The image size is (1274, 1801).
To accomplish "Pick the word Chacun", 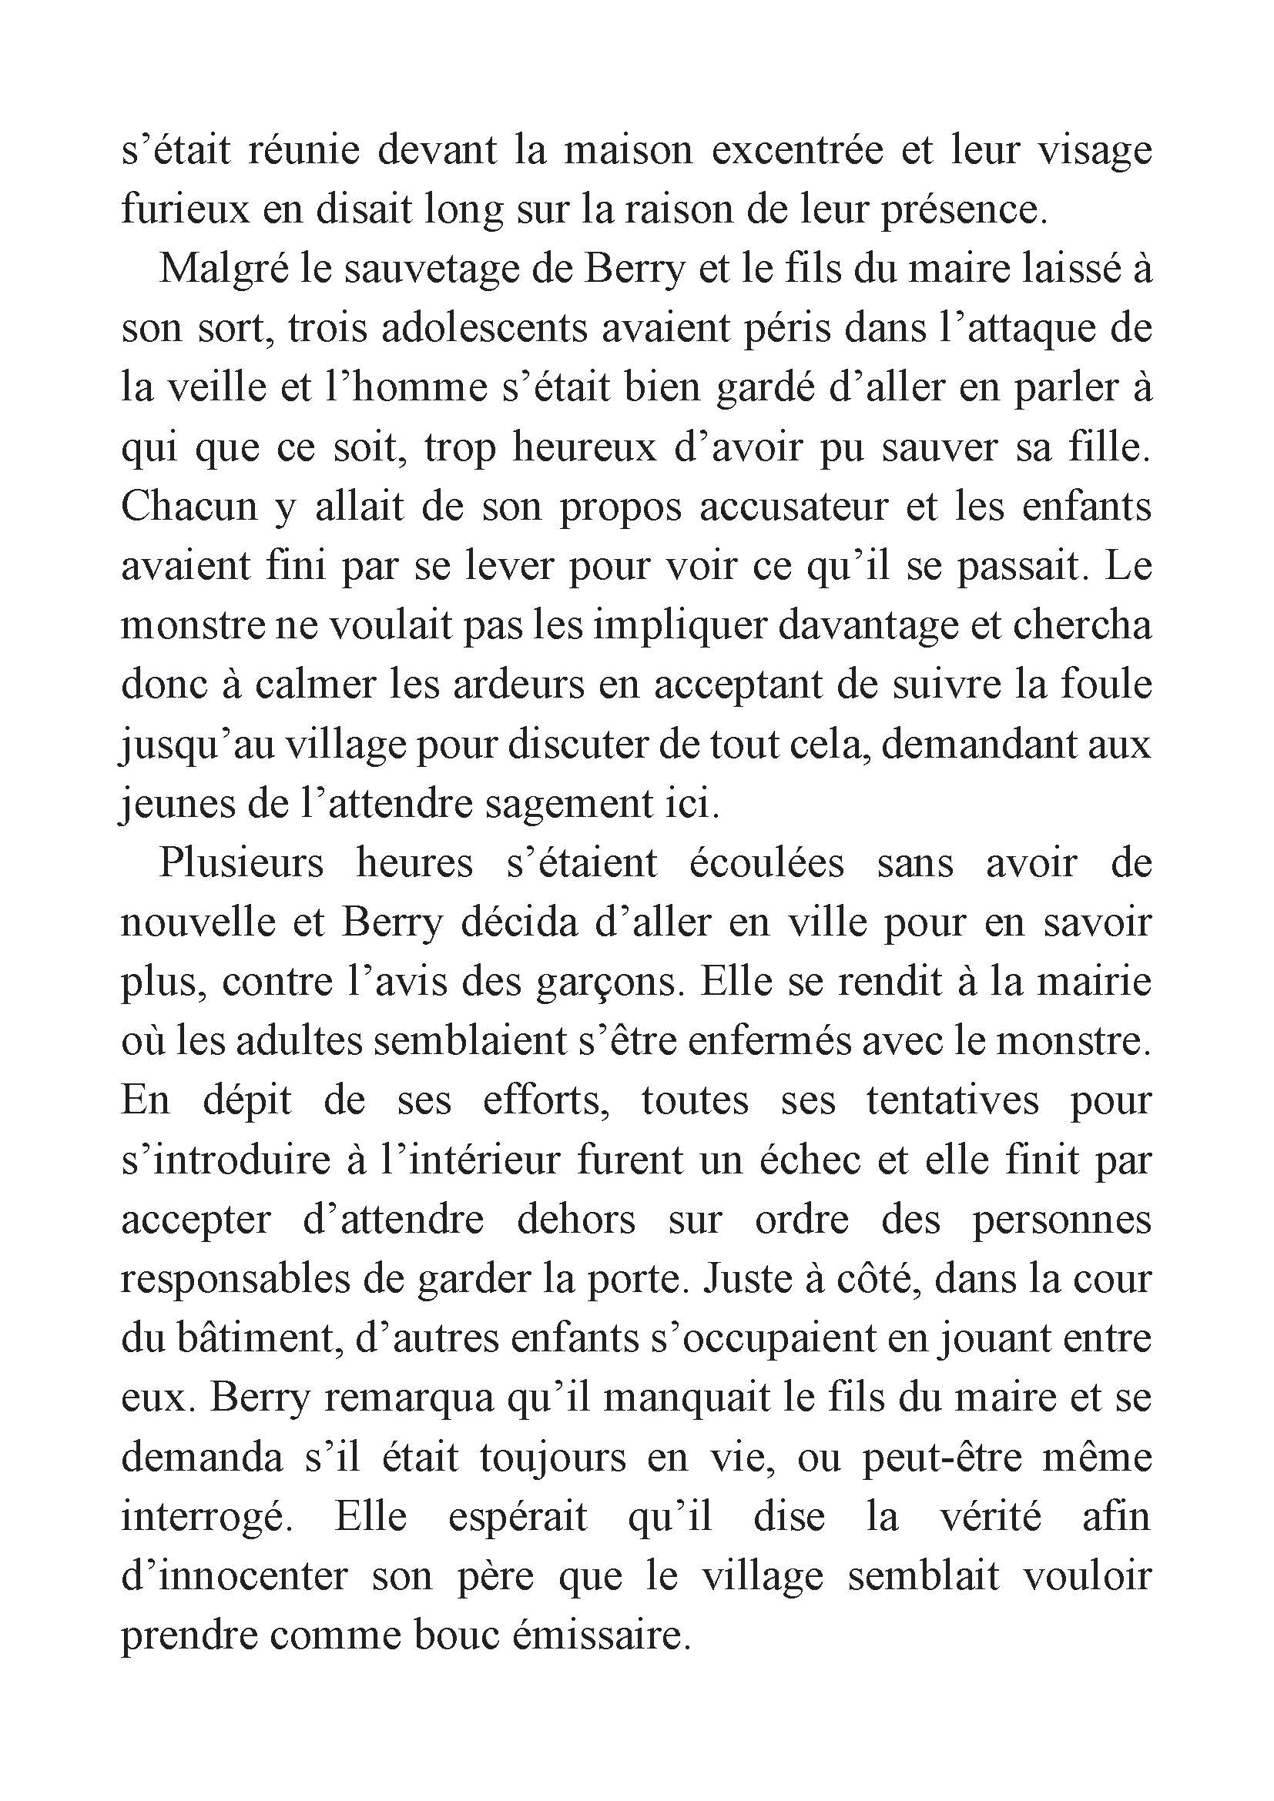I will (x=189, y=507).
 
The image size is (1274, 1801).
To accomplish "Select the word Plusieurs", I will (x=242, y=864).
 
